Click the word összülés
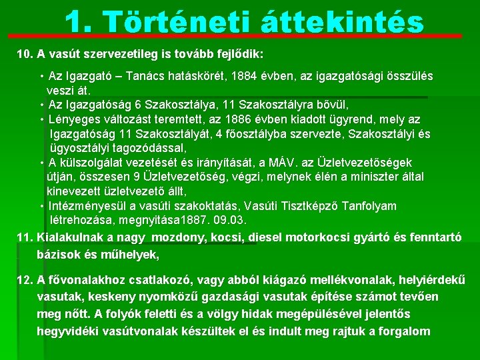coord(406,77)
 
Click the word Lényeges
coord(73,119)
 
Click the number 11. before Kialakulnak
coord(25,237)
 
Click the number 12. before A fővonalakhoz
coord(25,280)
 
